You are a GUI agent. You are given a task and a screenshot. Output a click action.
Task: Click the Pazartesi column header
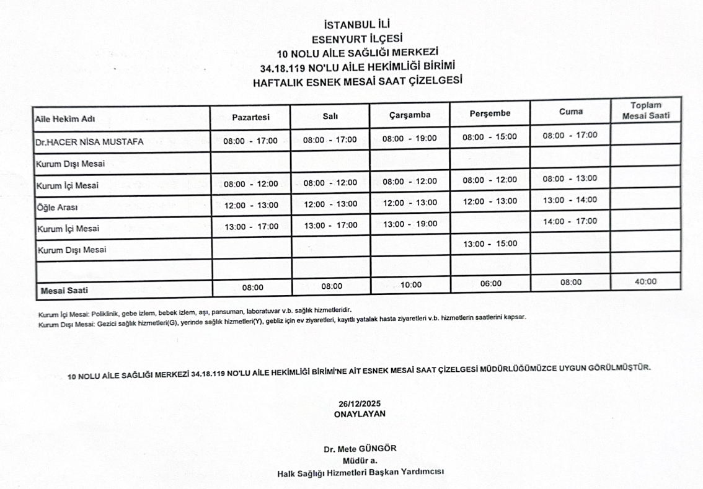point(250,117)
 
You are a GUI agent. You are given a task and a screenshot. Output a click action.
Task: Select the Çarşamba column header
point(410,115)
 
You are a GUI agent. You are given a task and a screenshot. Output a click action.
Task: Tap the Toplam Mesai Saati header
point(646,110)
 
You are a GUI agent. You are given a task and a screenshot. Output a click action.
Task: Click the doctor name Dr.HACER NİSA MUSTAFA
point(89,141)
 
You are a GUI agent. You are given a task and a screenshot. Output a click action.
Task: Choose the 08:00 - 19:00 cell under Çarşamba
point(410,138)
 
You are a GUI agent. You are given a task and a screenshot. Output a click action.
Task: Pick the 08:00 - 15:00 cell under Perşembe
point(490,136)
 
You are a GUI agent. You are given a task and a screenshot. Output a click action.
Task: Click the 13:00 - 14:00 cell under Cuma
point(570,200)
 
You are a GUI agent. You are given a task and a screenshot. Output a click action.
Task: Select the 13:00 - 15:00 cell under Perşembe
point(490,244)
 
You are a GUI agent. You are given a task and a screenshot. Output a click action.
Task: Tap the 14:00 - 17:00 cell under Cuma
point(570,221)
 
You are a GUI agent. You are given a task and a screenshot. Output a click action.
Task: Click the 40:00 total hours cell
point(646,281)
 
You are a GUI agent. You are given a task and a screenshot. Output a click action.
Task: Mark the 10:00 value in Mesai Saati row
point(410,285)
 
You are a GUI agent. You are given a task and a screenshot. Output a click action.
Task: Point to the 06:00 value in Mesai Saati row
point(490,283)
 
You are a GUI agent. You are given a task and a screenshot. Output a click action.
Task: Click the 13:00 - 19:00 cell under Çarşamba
point(410,224)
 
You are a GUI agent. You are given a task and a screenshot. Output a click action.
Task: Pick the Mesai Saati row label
point(64,289)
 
